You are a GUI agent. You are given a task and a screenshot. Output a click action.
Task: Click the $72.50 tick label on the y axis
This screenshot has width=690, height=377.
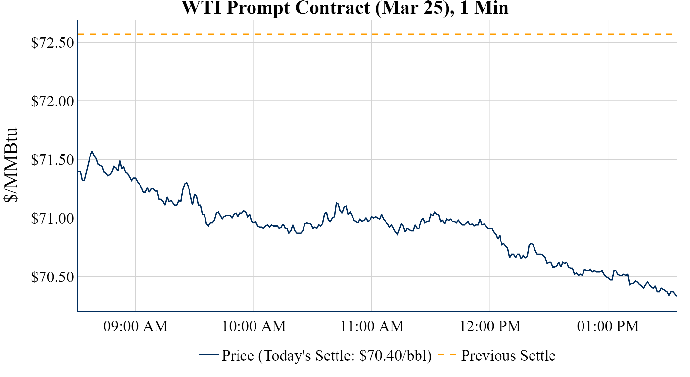click(52, 43)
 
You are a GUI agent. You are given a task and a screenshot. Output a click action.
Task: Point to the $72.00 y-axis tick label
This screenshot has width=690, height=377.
click(52, 101)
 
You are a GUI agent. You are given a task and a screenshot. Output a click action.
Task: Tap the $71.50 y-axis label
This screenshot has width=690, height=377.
click(52, 160)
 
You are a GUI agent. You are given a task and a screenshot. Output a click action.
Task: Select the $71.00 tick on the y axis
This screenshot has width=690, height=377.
click(52, 219)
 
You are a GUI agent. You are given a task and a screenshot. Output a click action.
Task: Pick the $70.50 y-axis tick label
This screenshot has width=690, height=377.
click(52, 277)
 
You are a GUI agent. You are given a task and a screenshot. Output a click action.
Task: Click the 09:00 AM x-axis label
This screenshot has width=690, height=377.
click(136, 326)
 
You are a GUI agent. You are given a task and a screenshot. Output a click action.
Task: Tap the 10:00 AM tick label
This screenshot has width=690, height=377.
click(254, 326)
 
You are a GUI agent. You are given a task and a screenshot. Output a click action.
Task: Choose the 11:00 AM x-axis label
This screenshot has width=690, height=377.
click(372, 326)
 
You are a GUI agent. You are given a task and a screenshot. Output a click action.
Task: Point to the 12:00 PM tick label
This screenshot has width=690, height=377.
click(490, 326)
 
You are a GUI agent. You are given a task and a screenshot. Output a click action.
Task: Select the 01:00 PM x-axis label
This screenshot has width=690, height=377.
click(608, 326)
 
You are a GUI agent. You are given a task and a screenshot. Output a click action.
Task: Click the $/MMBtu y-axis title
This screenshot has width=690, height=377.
click(10, 165)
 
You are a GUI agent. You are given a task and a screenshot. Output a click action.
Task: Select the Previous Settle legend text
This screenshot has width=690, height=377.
click(508, 356)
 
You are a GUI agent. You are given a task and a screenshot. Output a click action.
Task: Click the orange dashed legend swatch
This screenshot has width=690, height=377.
click(447, 354)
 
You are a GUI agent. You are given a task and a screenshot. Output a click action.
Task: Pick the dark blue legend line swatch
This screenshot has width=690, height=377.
click(208, 354)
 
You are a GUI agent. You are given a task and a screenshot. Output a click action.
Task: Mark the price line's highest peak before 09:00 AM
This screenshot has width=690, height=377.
click(92, 152)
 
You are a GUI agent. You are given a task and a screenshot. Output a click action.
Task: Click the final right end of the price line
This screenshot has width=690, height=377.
click(676, 296)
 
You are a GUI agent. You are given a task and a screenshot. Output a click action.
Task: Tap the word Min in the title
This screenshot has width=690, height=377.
click(491, 8)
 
